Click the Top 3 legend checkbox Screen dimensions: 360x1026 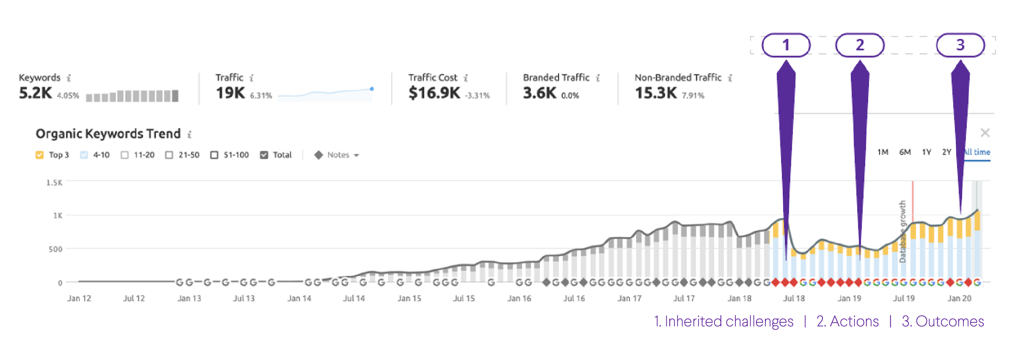tap(39, 155)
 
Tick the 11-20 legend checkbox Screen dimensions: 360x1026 tap(124, 155)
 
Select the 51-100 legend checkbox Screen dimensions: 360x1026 tap(215, 155)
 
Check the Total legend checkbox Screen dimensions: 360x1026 tap(264, 155)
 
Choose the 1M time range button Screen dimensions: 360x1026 tap(883, 152)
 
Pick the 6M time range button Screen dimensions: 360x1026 tap(905, 152)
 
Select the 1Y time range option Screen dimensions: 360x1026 tap(927, 152)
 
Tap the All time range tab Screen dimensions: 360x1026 tap(978, 152)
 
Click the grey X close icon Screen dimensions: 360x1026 tap(985, 133)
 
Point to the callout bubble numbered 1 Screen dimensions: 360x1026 tap(786, 45)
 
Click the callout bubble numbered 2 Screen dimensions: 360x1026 tap(860, 45)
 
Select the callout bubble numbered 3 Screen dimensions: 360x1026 tap(960, 45)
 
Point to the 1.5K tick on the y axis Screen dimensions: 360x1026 tap(54, 182)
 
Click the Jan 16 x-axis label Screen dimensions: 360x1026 tap(519, 298)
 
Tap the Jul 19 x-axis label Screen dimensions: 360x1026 tap(904, 298)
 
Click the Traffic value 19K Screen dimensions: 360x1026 tap(230, 93)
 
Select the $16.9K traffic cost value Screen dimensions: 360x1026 tap(434, 93)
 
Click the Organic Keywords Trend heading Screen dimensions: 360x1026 tap(108, 134)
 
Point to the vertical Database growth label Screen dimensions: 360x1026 tap(902, 231)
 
